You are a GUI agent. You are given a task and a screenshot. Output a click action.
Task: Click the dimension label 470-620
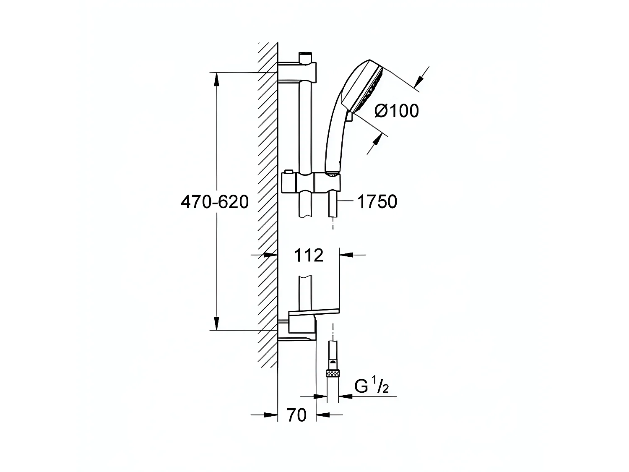215,202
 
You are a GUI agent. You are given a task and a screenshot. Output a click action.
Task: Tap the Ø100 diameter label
396,111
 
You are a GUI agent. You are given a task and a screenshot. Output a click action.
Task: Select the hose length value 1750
377,202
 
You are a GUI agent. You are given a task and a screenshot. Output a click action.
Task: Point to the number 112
309,255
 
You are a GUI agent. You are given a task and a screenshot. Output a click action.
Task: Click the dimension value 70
296,415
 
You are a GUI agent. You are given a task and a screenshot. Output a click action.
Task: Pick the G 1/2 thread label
371,387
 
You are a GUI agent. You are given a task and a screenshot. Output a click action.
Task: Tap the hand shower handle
335,138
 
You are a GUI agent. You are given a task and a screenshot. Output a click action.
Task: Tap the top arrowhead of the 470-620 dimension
216,80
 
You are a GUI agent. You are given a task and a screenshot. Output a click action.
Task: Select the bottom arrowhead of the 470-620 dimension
216,323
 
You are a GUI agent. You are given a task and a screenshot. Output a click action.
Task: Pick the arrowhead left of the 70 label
270,415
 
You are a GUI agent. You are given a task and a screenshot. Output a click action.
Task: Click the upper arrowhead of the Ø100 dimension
419,81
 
